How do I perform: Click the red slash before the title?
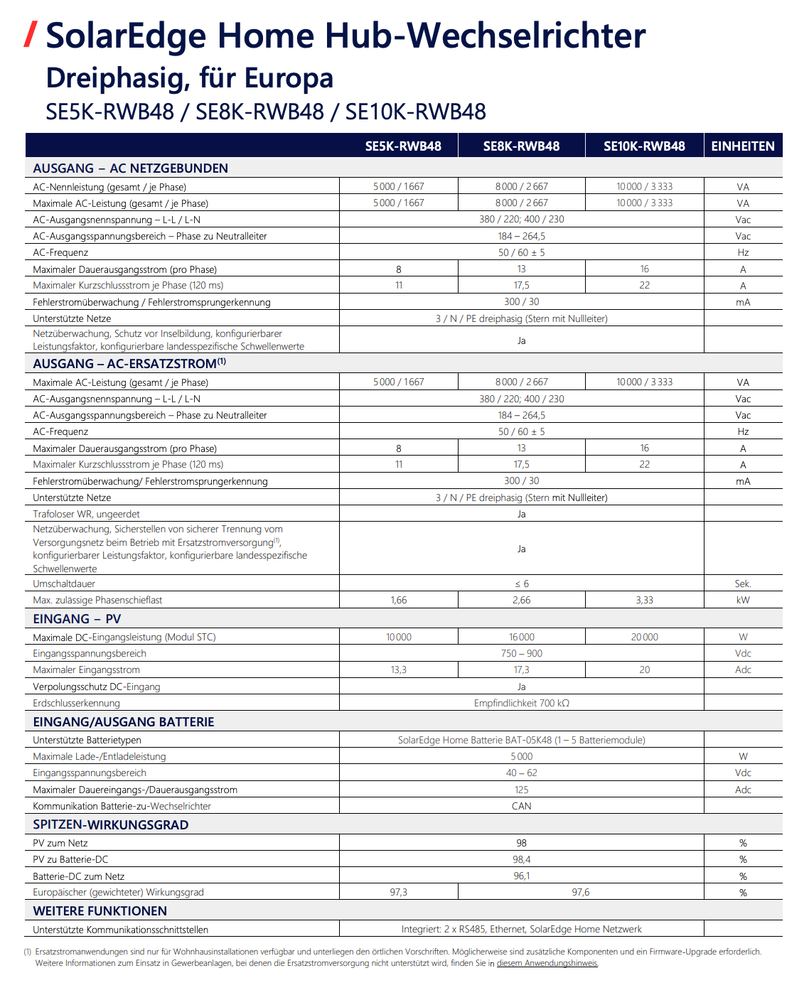[30, 34]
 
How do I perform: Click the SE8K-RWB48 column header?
[521, 146]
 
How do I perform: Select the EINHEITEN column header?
[743, 146]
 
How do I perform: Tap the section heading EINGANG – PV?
[77, 619]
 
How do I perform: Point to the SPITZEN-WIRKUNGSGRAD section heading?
[110, 824]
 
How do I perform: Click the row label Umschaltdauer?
[64, 583]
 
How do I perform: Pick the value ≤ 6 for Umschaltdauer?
[521, 583]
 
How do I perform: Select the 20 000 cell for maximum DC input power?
[644, 637]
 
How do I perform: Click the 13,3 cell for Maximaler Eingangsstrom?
[399, 669]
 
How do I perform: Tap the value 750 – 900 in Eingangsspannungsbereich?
[521, 653]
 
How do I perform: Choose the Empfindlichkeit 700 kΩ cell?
[521, 703]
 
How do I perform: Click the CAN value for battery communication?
[521, 806]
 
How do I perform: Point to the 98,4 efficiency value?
[521, 859]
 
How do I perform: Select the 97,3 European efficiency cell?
[399, 892]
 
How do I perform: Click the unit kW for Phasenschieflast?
[743, 600]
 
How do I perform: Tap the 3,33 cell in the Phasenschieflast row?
[644, 600]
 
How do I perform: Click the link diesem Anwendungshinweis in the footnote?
[547, 963]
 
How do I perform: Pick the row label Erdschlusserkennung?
[76, 703]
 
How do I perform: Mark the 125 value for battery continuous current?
[521, 790]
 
